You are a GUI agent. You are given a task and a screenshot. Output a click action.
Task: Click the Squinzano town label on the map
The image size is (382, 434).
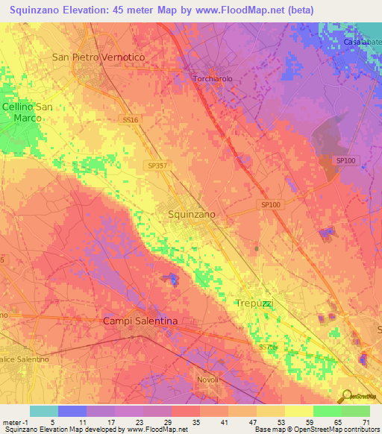click(x=188, y=214)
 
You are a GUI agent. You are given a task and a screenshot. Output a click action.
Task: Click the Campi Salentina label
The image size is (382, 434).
click(x=140, y=321)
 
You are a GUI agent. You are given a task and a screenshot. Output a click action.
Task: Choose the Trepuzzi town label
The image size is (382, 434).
click(x=256, y=304)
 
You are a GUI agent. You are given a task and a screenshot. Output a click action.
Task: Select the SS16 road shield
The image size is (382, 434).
click(x=131, y=119)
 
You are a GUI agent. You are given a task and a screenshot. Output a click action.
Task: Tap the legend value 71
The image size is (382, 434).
click(x=365, y=421)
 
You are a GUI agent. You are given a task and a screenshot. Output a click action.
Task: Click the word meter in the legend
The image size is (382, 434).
click(x=10, y=421)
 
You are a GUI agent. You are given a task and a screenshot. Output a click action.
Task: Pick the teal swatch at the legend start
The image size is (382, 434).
click(x=43, y=411)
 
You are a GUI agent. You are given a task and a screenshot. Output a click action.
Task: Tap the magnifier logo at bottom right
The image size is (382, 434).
click(x=345, y=396)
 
